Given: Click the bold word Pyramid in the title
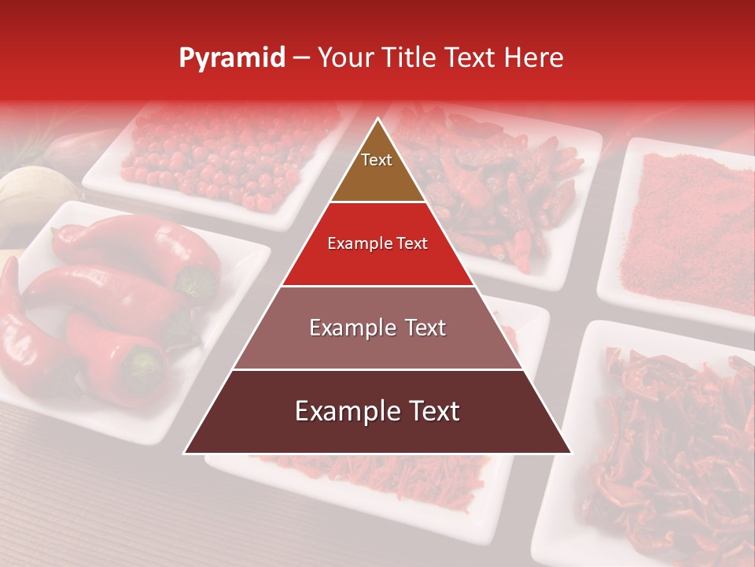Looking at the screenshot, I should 232,58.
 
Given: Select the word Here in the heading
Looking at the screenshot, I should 534,58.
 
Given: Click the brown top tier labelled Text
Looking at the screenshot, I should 377,165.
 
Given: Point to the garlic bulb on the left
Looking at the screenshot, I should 31,197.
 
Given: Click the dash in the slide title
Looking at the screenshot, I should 301,58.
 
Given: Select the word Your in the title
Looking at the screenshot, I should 343,58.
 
